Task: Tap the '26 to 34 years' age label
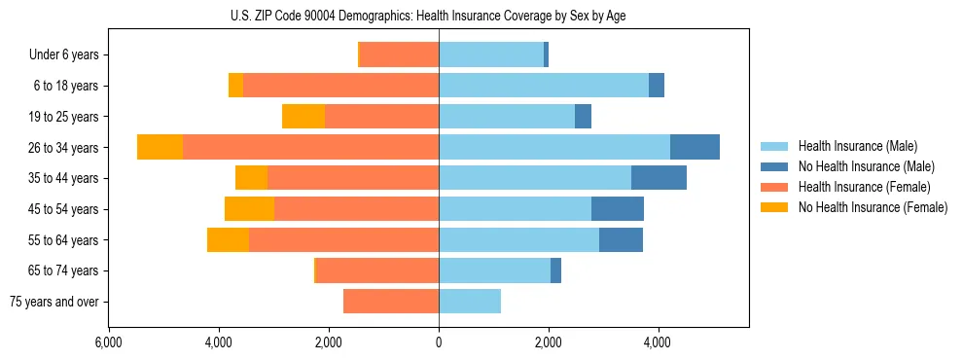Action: click(65, 148)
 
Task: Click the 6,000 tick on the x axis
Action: click(109, 342)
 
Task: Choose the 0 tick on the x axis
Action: click(439, 342)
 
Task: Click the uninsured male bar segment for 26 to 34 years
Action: click(695, 147)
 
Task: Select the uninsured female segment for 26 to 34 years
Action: click(160, 147)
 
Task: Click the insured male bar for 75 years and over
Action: click(470, 302)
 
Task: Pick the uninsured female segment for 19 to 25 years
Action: click(303, 117)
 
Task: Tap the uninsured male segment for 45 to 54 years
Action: click(618, 209)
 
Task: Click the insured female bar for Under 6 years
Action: click(400, 55)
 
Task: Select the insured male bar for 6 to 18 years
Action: click(544, 86)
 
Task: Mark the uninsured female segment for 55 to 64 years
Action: click(228, 240)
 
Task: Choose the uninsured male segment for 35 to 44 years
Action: click(659, 178)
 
